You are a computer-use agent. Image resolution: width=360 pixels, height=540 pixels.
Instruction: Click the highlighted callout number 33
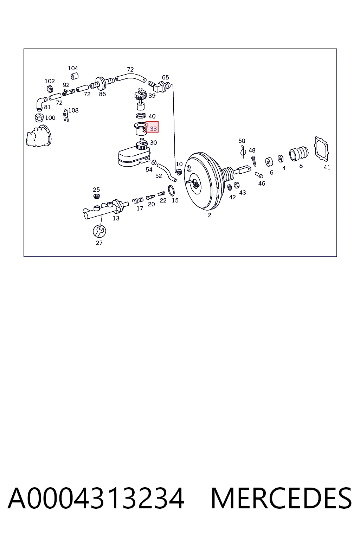pos(153,129)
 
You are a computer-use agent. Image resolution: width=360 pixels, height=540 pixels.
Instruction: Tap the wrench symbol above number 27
pos(99,231)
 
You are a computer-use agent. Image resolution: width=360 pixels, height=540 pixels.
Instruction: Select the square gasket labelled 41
pos(321,148)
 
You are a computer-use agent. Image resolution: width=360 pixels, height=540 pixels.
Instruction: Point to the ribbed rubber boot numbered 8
pos(299,153)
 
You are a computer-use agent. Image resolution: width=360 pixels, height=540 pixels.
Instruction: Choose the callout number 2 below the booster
pos(209,215)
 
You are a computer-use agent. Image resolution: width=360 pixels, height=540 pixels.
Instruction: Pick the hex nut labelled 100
pos(39,118)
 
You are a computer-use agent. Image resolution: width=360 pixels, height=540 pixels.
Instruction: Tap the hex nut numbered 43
pos(237,185)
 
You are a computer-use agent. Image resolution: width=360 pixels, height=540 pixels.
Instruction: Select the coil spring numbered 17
pos(138,200)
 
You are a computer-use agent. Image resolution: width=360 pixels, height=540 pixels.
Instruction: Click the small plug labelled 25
pos(97,196)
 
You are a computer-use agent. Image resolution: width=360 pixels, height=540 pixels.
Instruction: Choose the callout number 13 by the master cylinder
pos(116,218)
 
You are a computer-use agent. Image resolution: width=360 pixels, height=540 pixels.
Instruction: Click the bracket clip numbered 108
pos(66,115)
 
